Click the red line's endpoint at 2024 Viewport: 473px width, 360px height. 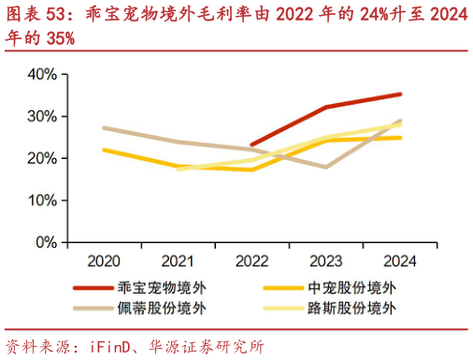[x=400, y=94]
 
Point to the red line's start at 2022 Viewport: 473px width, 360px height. [x=252, y=145]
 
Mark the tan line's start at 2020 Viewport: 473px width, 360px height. [x=104, y=128]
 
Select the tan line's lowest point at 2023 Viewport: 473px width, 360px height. [x=325, y=167]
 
